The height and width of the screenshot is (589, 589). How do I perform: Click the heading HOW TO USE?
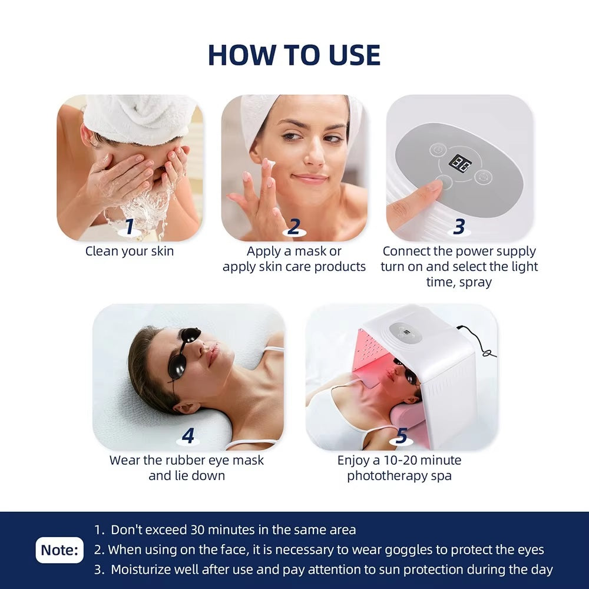click(294, 55)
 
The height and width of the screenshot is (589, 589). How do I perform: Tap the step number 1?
click(130, 226)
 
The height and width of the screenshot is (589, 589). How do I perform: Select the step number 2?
click(294, 227)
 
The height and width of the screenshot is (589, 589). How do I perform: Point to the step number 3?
click(459, 227)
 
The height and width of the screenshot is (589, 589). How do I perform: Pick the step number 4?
click(188, 435)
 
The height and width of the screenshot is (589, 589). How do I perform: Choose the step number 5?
click(402, 436)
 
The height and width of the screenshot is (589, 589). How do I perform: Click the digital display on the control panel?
click(460, 163)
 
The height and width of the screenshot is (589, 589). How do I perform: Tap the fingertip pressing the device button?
click(436, 186)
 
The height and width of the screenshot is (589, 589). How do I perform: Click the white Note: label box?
click(59, 550)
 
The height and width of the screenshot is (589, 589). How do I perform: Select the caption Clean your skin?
click(130, 252)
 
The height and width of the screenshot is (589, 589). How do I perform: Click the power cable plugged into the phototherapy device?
click(477, 340)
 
